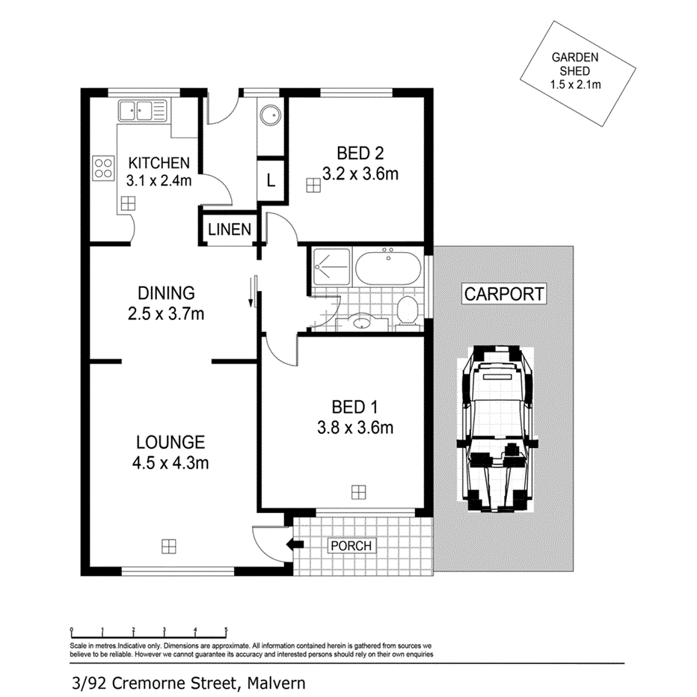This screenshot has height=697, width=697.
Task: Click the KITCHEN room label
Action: pos(159,163)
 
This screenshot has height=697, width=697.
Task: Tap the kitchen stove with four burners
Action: pos(103,169)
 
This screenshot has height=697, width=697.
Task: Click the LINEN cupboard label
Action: pos(230,230)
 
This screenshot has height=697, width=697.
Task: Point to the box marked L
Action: pos(271,181)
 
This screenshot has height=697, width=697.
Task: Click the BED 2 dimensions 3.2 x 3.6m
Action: pos(360,174)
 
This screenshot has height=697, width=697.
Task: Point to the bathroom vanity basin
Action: pos(362,324)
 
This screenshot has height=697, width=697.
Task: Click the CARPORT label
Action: pos(504,294)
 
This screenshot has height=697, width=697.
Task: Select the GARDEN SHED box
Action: pos(576,71)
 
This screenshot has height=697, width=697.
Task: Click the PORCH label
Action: pos(351,546)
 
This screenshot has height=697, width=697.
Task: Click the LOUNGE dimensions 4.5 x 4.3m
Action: pos(170,463)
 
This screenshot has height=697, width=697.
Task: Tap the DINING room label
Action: pos(166,293)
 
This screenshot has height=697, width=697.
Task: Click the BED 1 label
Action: pos(354,408)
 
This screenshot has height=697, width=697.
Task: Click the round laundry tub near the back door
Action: pos(270,117)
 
